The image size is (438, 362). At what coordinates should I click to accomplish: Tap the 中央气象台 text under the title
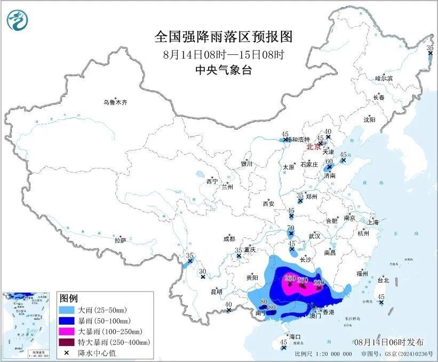(224, 70)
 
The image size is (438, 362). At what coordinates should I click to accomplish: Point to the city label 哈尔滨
(384, 78)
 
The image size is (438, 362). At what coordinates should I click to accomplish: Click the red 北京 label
(314, 147)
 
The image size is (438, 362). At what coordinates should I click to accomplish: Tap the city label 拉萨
(121, 240)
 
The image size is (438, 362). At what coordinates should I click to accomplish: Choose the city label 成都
(229, 239)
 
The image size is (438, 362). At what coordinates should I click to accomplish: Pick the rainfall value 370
(303, 280)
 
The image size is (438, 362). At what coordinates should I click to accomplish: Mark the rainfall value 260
(290, 278)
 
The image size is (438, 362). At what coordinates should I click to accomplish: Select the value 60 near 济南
(329, 162)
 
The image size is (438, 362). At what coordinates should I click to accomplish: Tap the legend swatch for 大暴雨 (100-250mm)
(67, 331)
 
